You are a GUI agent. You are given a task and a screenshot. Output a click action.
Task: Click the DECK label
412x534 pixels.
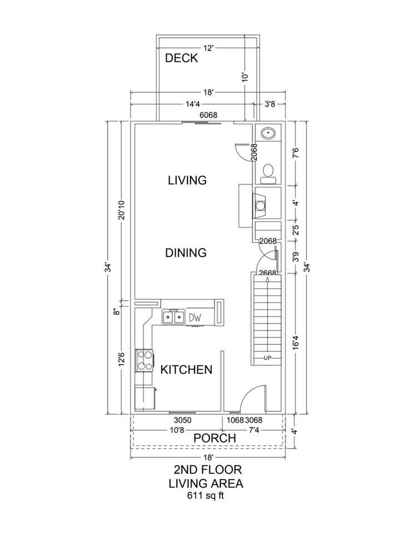pos(181,58)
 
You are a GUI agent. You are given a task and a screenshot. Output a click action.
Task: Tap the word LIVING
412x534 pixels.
pos(187,180)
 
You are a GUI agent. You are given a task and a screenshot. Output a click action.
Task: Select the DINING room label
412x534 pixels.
pos(186,253)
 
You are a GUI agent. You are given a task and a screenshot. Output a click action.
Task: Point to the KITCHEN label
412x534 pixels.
pos(186,369)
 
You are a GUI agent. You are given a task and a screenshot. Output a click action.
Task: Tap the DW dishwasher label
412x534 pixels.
pos(195,318)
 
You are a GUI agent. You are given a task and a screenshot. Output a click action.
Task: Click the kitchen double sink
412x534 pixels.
pos(173,317)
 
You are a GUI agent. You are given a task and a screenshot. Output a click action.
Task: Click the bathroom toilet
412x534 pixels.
pos(268,172)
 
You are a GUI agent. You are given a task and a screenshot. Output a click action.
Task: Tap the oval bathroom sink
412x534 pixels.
pos(268,133)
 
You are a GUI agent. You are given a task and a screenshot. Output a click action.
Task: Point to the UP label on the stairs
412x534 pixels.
pos(267,357)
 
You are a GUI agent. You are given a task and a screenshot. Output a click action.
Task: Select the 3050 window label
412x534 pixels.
pos(182,420)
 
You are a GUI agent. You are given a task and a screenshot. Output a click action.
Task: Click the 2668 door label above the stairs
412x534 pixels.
pos(268,273)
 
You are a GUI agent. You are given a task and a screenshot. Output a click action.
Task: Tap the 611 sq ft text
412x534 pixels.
pos(206,495)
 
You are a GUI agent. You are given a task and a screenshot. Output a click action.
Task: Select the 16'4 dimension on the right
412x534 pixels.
pos(295,345)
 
